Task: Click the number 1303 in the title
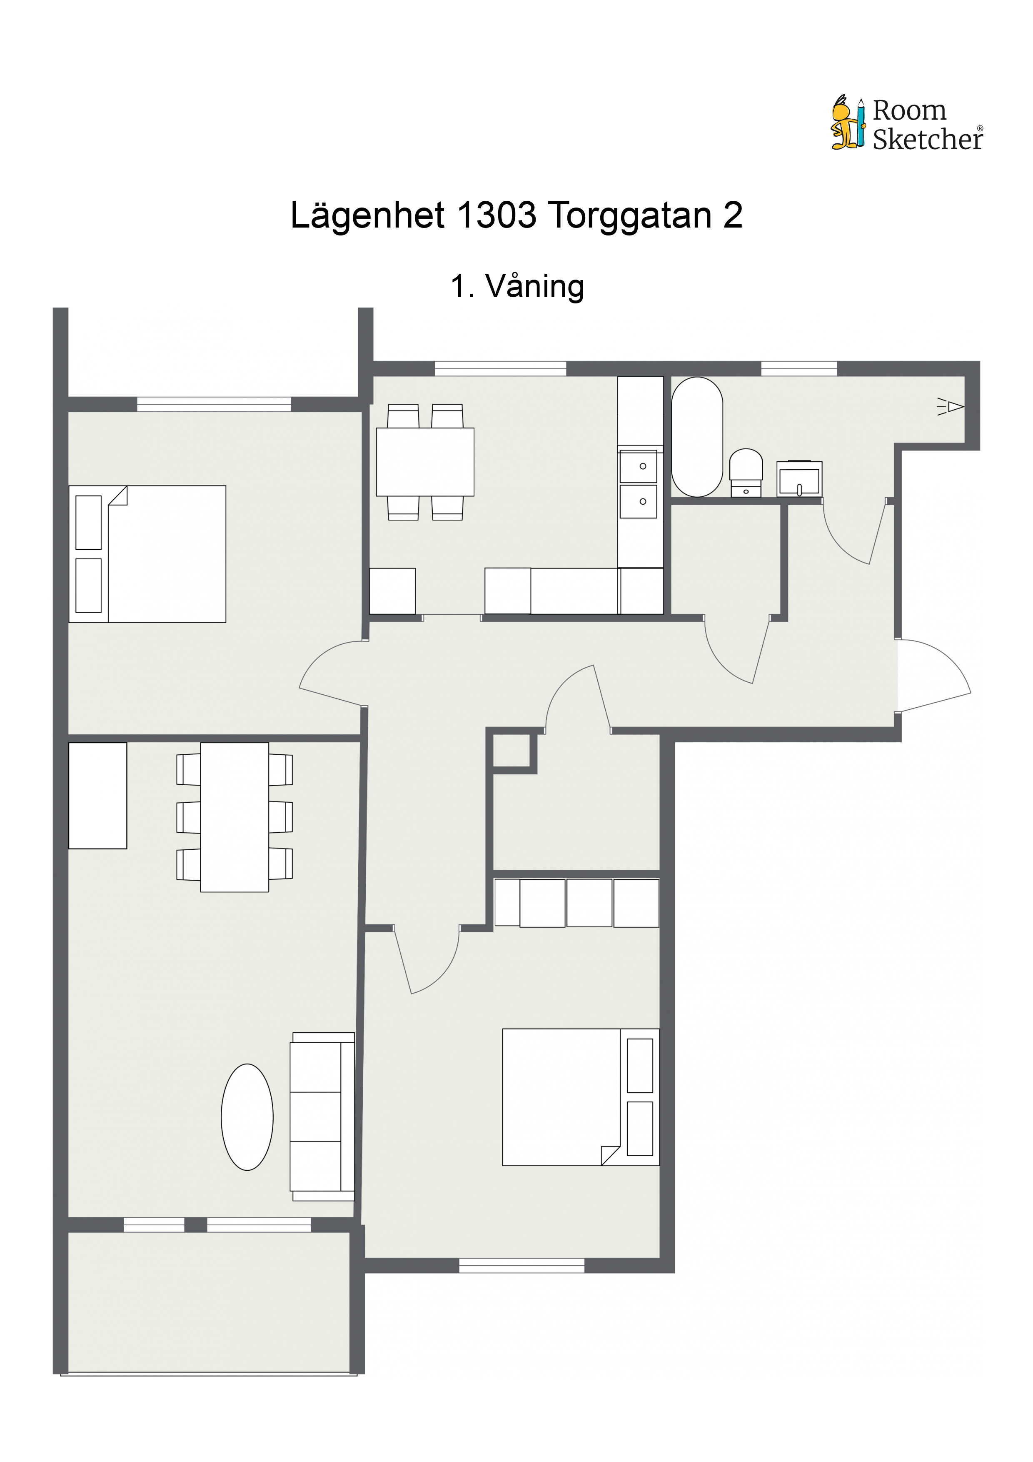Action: (497, 215)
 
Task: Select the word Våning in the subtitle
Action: (535, 287)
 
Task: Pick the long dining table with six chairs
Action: (234, 817)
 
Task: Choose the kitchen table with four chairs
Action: (425, 462)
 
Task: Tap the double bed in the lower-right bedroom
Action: (581, 1098)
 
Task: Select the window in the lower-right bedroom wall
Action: (521, 1265)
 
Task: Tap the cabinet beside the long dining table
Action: (97, 795)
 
